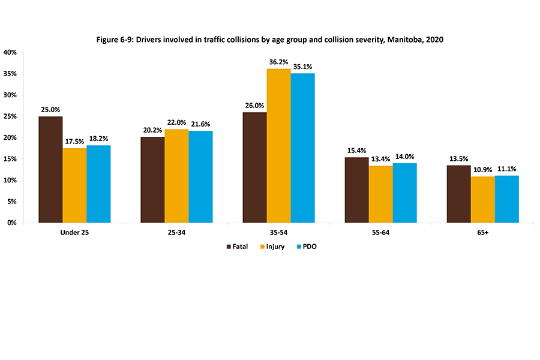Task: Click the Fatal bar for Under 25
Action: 50,169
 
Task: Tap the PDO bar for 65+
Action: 506,199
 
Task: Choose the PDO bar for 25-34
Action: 200,176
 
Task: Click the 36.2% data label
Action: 278,61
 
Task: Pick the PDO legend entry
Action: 305,247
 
